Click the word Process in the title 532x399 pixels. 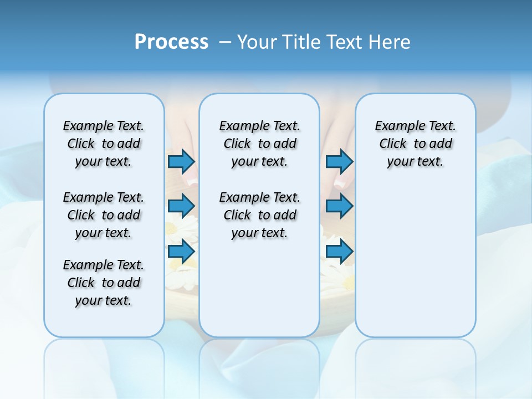(171, 42)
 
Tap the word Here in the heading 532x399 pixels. (390, 42)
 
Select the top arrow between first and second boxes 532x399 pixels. (181, 161)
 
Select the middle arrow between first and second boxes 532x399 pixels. (181, 206)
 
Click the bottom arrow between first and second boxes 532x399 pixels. (181, 252)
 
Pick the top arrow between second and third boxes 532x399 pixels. (339, 161)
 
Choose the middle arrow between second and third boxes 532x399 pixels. (339, 206)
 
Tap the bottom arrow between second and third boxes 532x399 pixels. (339, 252)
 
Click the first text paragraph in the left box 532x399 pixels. (104, 144)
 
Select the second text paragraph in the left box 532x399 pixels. (104, 215)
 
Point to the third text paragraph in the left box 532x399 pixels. (104, 283)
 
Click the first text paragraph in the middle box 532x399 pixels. (259, 144)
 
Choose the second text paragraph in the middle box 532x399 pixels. (259, 215)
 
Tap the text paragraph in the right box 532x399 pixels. (415, 144)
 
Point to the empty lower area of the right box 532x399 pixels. (415, 260)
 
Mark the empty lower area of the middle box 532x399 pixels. (259, 288)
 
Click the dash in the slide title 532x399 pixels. (226, 42)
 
